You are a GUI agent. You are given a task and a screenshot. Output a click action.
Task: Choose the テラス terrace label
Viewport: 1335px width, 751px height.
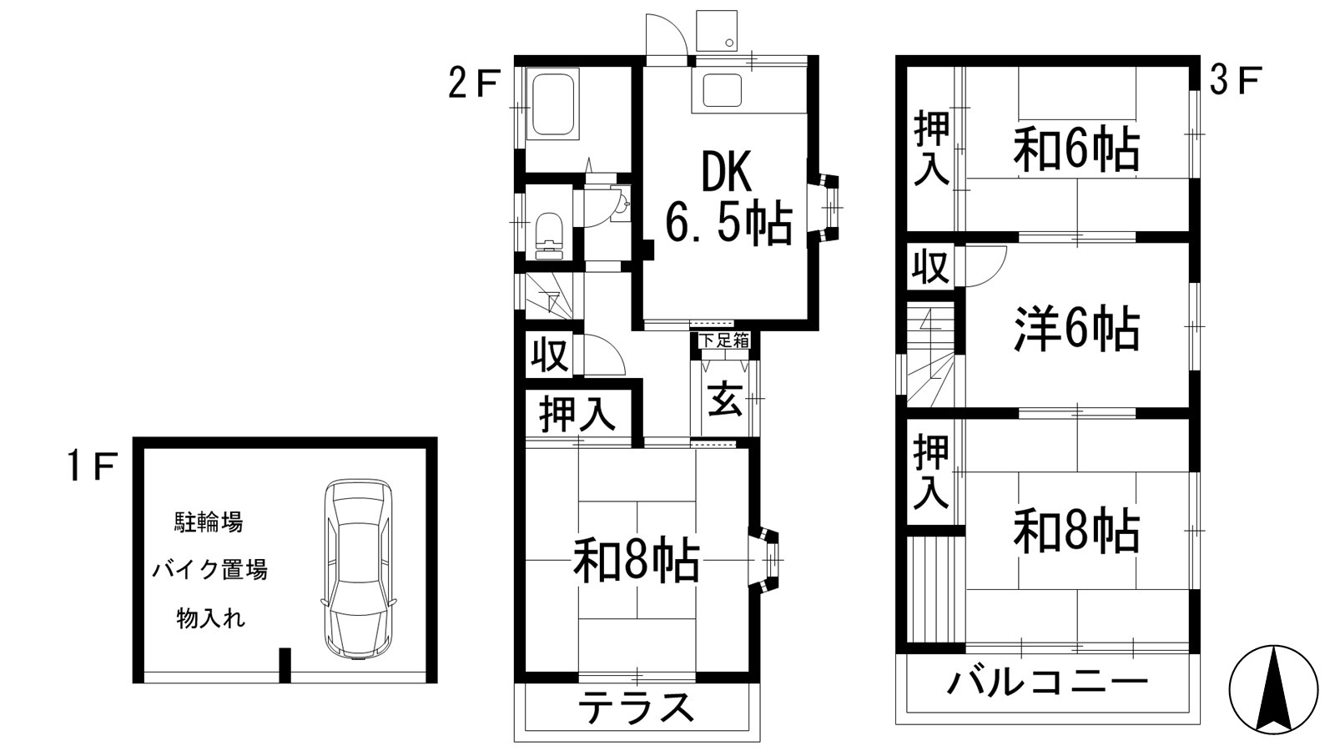tap(637, 708)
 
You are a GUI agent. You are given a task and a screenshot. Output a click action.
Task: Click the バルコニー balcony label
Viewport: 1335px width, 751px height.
tap(1047, 683)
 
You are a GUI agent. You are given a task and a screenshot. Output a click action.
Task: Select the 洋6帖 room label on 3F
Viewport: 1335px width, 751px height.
tap(1076, 329)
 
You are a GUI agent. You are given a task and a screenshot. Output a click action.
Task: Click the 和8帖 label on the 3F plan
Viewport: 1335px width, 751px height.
tap(1076, 531)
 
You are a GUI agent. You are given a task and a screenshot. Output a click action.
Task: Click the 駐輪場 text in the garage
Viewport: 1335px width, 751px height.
tap(209, 523)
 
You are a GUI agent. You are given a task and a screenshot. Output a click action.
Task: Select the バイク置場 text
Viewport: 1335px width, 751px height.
tap(209, 571)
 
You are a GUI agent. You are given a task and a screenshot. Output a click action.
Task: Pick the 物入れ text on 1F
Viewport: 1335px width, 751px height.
tap(210, 619)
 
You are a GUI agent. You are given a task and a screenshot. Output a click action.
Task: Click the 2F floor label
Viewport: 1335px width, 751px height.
tap(473, 83)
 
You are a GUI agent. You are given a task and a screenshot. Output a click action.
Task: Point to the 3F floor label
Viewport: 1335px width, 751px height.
tap(1234, 82)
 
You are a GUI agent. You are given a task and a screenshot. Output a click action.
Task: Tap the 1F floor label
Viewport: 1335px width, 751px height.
tap(91, 467)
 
